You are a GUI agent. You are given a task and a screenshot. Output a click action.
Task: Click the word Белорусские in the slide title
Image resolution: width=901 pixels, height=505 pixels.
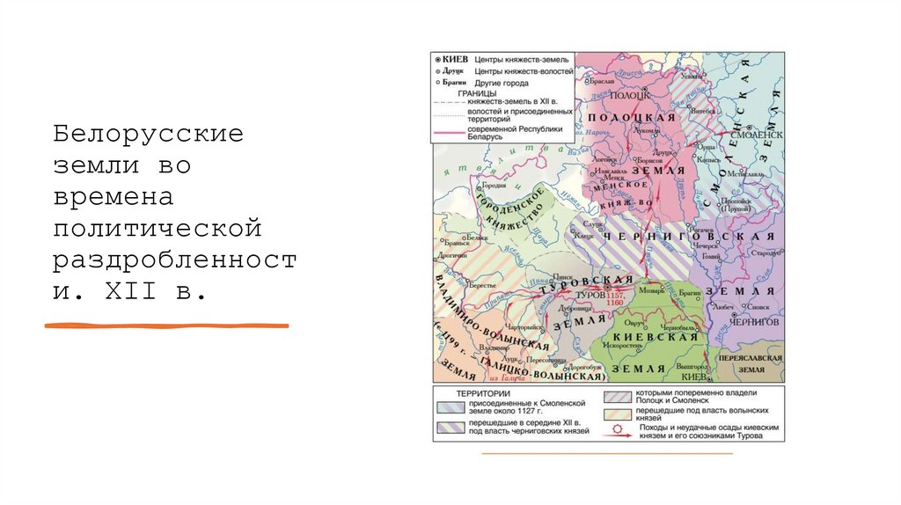tap(147, 134)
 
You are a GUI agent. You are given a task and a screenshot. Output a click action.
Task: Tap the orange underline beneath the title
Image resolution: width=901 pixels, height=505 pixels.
tap(167, 326)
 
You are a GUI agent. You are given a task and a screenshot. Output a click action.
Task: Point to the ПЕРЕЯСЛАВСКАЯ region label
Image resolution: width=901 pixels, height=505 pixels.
tap(750, 360)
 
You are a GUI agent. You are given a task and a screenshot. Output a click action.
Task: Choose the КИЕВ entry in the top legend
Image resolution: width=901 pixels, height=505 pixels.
tap(456, 57)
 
